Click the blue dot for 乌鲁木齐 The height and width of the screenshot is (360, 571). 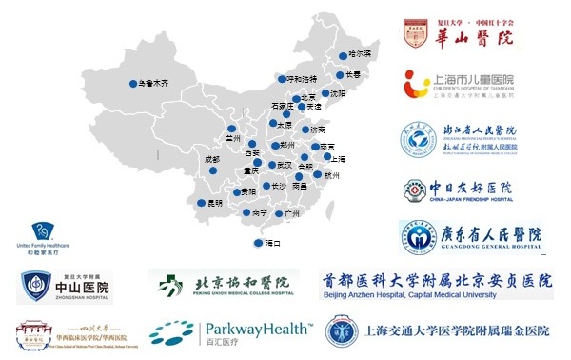pos(132,84)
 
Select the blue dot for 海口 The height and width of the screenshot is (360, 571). pos(259,244)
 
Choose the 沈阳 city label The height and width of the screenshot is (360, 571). pos(337,93)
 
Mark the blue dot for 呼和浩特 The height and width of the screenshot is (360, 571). pos(281,78)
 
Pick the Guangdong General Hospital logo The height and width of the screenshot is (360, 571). pos(471,236)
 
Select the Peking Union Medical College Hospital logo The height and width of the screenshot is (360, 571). pos(224,284)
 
